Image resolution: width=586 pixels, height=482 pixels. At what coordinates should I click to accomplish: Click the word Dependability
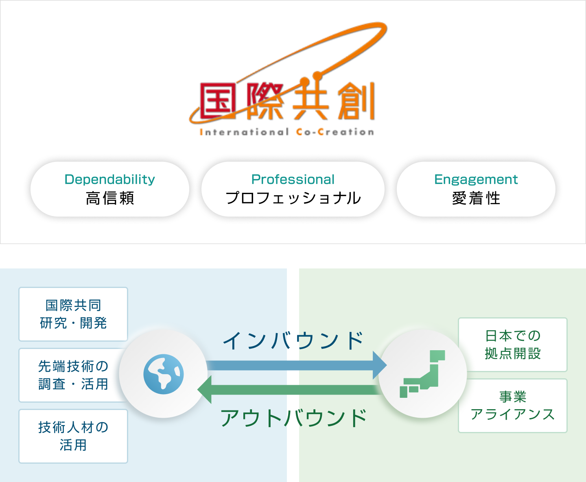click(110, 179)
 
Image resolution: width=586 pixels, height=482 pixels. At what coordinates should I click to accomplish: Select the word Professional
click(293, 179)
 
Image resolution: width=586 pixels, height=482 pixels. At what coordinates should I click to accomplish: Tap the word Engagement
click(476, 179)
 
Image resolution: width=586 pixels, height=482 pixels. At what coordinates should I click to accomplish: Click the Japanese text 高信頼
click(110, 198)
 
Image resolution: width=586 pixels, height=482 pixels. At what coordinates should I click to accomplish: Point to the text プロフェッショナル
click(293, 198)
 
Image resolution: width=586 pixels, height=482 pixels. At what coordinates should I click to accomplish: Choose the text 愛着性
click(476, 198)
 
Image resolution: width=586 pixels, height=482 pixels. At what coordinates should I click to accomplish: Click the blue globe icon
click(164, 374)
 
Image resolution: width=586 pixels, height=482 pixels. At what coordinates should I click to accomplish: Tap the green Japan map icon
click(422, 374)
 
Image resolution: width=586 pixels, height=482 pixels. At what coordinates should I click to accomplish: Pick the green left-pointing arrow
click(289, 390)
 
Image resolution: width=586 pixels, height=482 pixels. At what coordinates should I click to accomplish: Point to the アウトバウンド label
click(293, 418)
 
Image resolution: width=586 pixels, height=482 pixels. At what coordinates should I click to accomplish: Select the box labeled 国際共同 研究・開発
click(73, 314)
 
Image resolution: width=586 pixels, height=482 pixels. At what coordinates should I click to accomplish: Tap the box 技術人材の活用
click(73, 436)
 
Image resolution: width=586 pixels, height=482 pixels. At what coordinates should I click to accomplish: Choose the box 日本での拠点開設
click(513, 345)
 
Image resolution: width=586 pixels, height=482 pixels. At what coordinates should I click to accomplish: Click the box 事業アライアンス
click(513, 406)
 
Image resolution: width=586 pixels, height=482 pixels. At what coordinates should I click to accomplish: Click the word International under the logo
click(244, 132)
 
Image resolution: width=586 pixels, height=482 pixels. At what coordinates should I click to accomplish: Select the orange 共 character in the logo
click(310, 100)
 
